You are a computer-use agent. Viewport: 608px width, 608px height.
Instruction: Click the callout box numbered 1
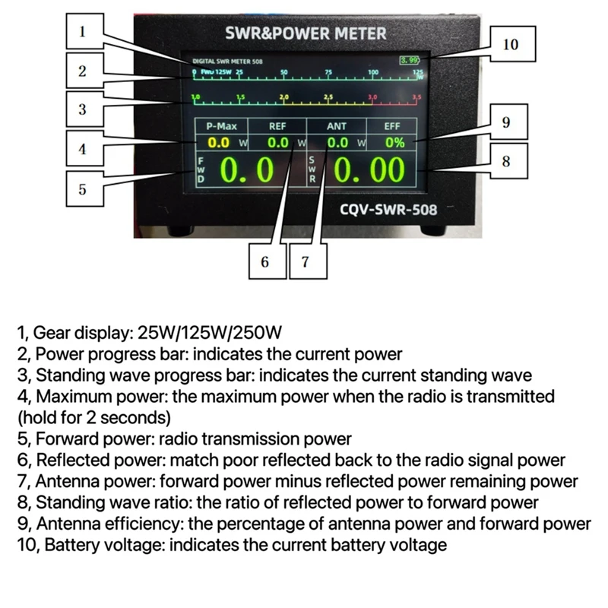click(82, 33)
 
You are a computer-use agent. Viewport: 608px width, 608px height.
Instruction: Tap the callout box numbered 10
click(511, 45)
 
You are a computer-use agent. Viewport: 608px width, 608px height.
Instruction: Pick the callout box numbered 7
click(305, 262)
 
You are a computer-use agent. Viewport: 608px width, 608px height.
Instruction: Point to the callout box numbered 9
click(505, 122)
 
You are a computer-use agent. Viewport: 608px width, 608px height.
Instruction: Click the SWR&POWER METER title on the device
click(306, 33)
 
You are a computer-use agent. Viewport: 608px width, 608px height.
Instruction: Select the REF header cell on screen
click(278, 127)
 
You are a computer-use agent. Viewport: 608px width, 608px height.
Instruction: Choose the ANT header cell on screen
click(337, 127)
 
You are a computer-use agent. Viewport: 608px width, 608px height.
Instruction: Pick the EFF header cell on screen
click(392, 127)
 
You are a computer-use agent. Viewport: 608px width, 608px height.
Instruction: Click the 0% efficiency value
click(394, 142)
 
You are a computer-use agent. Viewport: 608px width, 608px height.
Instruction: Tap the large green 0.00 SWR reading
click(369, 171)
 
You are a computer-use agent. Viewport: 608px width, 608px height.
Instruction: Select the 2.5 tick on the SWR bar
click(328, 98)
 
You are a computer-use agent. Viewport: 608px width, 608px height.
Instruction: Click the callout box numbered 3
click(82, 109)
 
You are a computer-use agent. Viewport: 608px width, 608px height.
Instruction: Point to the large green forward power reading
click(247, 171)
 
